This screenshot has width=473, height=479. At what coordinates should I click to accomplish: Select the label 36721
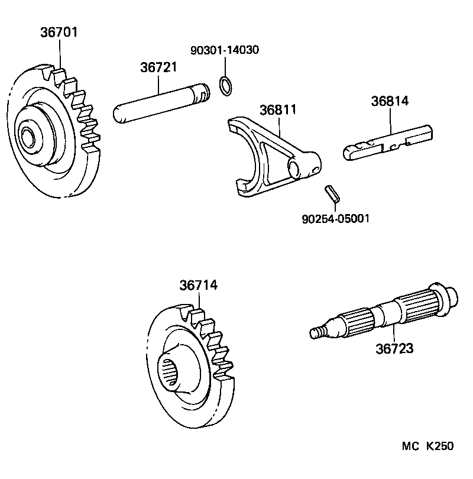(158, 68)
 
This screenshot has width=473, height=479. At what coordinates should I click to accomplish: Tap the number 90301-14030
(224, 50)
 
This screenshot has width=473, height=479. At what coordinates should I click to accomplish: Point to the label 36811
(278, 111)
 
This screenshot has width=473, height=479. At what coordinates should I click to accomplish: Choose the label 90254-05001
(335, 219)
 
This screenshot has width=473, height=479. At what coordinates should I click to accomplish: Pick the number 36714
(199, 285)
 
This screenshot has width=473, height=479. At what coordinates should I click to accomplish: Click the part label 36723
(394, 348)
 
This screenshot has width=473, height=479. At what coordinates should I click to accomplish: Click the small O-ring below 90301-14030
(225, 86)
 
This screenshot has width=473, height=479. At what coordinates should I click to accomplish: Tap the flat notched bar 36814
(387, 143)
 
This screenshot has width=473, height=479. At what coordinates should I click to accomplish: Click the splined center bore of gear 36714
(173, 376)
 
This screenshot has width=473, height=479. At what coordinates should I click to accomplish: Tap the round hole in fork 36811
(294, 169)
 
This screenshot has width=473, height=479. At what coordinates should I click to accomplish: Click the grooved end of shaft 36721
(202, 93)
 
